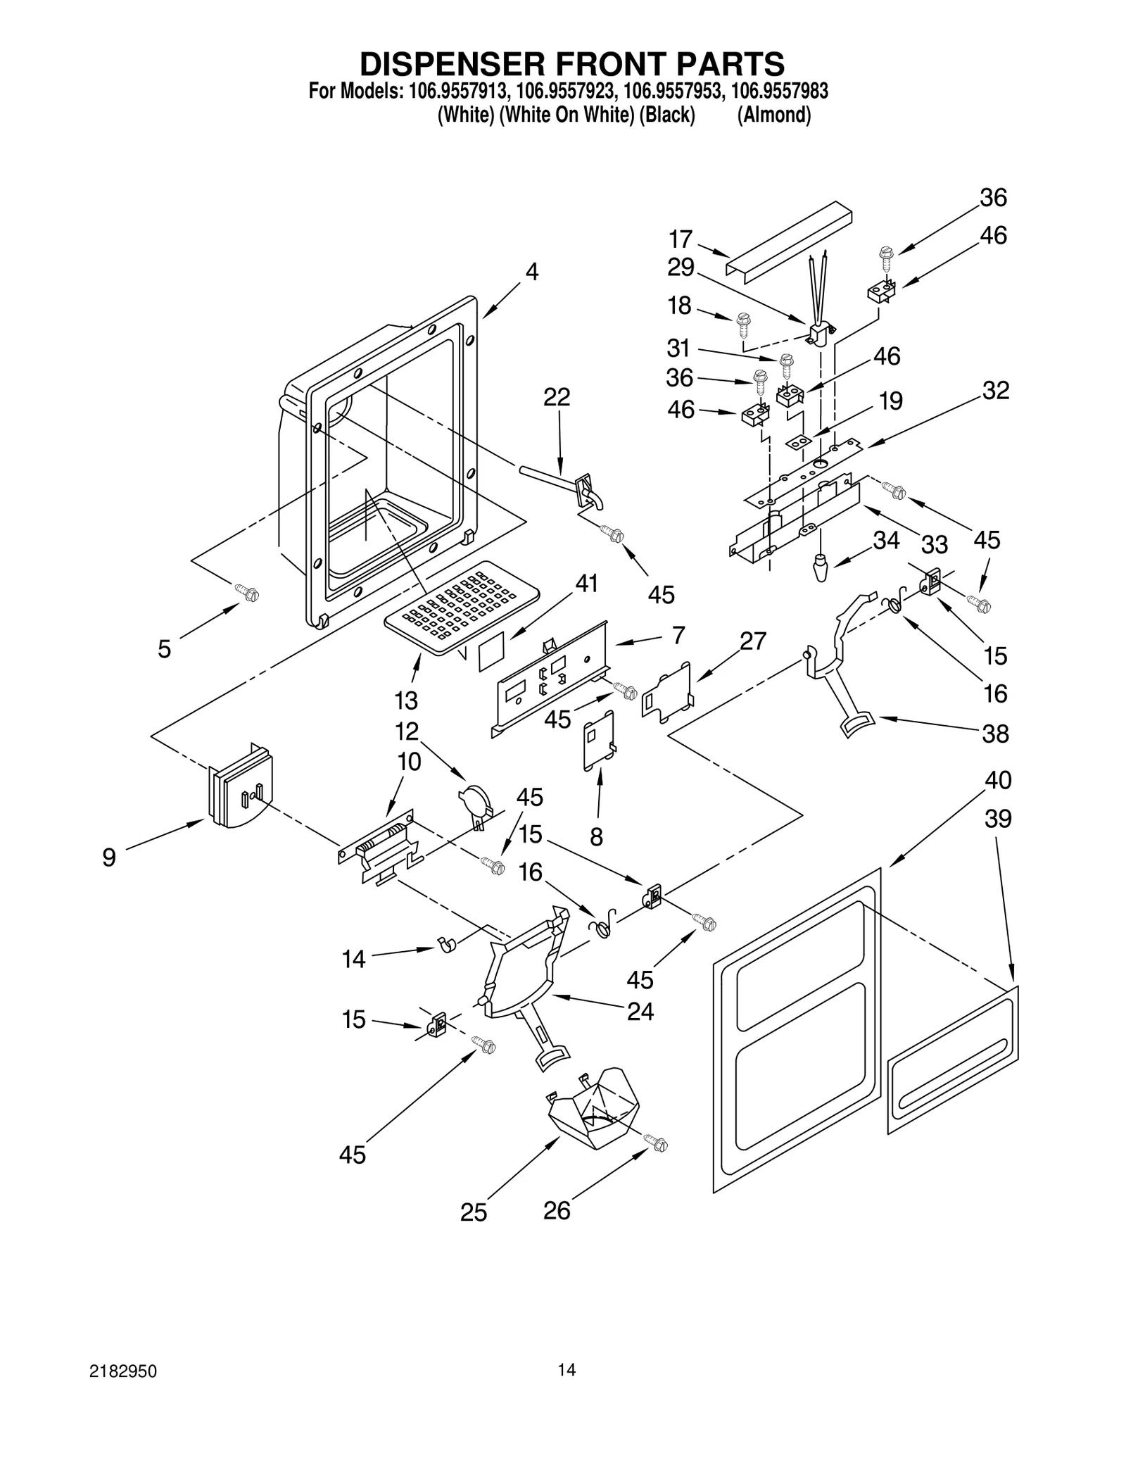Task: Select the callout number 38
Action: tap(995, 734)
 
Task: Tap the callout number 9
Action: tap(109, 857)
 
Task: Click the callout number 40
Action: tap(997, 779)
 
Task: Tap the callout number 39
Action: tap(998, 819)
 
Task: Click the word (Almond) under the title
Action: tap(773, 114)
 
